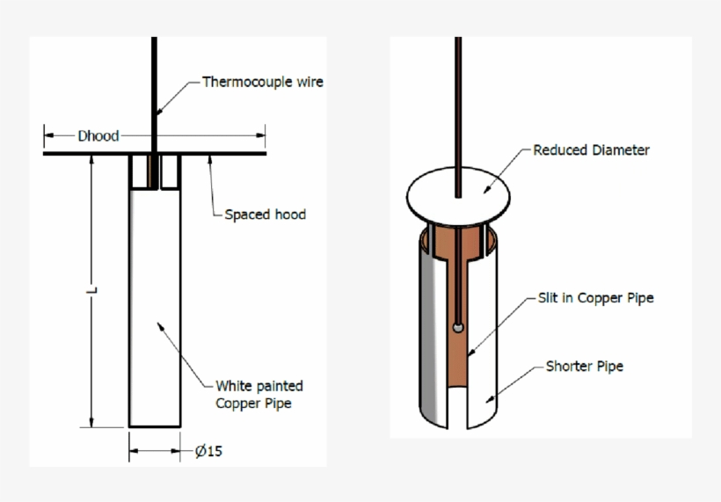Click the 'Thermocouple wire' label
263,82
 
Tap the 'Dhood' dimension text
98,135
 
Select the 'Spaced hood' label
265,214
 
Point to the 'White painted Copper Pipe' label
259,395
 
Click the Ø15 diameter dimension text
208,452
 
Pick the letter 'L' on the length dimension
91,289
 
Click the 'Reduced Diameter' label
591,150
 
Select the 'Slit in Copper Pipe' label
595,298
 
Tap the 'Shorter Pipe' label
584,366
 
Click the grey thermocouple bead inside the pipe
458,327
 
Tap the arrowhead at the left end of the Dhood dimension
48,135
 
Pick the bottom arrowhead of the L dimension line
91,423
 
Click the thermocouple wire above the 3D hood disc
457,105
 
